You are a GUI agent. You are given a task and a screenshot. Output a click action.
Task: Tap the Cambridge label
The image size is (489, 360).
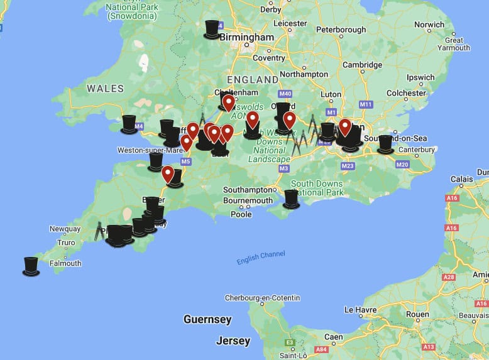click(361, 65)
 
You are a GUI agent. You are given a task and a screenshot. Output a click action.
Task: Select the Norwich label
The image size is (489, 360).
click(429, 25)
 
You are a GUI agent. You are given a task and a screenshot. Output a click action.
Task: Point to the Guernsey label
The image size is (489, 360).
click(207, 319)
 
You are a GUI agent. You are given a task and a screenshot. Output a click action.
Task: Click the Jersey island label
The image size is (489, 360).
click(233, 341)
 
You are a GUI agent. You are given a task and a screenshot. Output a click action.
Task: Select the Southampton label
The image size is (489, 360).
click(250, 189)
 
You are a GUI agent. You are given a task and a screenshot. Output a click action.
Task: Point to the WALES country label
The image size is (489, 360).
click(105, 89)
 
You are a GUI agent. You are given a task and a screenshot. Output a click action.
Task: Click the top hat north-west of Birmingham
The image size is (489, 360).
click(212, 30)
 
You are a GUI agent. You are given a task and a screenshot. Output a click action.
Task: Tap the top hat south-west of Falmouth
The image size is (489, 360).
click(31, 266)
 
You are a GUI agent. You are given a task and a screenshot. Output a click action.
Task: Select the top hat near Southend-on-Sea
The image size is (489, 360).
click(385, 145)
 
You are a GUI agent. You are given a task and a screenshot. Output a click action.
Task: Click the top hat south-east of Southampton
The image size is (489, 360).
click(291, 199)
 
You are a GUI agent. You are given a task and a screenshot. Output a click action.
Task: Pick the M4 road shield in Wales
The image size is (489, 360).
click(139, 126)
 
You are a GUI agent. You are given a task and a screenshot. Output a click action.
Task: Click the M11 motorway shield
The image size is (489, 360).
click(366, 104)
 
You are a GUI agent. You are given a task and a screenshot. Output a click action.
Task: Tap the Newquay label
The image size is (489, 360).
click(65, 229)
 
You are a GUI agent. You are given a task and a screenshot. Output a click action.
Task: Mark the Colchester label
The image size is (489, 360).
click(406, 93)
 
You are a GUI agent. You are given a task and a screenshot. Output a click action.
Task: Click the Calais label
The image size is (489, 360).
click(462, 179)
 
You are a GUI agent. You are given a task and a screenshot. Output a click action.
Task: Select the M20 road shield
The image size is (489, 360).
click(402, 165)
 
